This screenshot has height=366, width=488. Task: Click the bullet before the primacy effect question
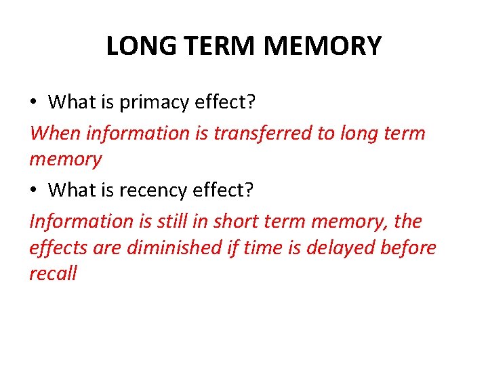click(x=33, y=103)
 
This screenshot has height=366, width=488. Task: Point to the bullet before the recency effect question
click(x=33, y=191)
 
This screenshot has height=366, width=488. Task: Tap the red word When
click(x=54, y=133)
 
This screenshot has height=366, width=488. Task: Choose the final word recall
click(x=53, y=274)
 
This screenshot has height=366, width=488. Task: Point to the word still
click(x=191, y=221)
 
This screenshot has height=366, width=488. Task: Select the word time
click(x=260, y=248)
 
